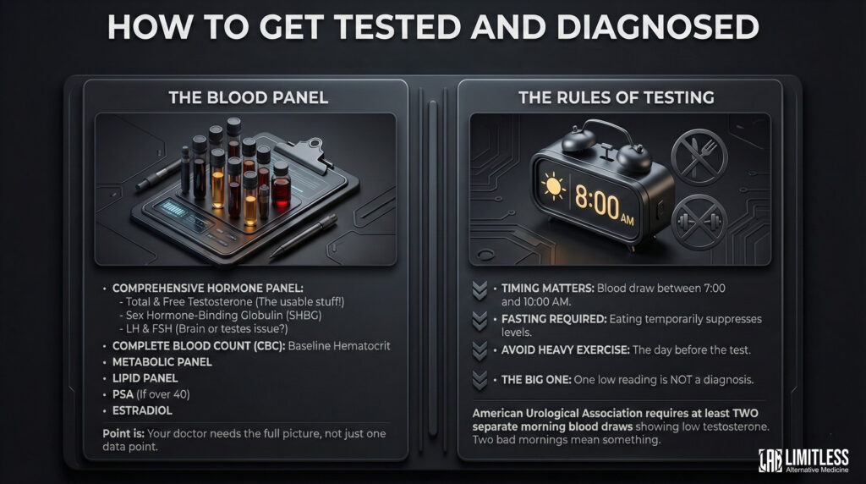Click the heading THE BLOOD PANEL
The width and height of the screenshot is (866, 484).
pos(249,98)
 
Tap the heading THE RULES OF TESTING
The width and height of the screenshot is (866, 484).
pos(617,98)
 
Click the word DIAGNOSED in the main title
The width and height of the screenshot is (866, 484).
pos(658,26)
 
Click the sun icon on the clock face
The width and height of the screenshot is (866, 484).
pos(553,186)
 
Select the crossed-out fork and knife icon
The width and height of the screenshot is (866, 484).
pos(699,157)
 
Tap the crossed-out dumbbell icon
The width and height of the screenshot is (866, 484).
pos(699,222)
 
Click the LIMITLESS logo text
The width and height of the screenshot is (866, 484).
pos(817,458)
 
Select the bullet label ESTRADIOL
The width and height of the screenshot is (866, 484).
pos(142,410)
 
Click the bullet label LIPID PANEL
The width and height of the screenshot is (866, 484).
pos(145,378)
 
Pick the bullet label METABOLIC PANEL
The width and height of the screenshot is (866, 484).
pos(162,362)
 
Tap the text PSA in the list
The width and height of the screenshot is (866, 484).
pos(123,394)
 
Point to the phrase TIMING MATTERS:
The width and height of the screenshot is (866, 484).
pos(547,289)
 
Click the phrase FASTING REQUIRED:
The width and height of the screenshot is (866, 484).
pos(553,319)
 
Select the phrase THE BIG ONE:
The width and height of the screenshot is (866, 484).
pos(535,380)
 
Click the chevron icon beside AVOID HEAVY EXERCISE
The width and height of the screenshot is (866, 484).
pos(480,351)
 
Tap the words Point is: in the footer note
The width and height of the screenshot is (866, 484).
pos(123,434)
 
